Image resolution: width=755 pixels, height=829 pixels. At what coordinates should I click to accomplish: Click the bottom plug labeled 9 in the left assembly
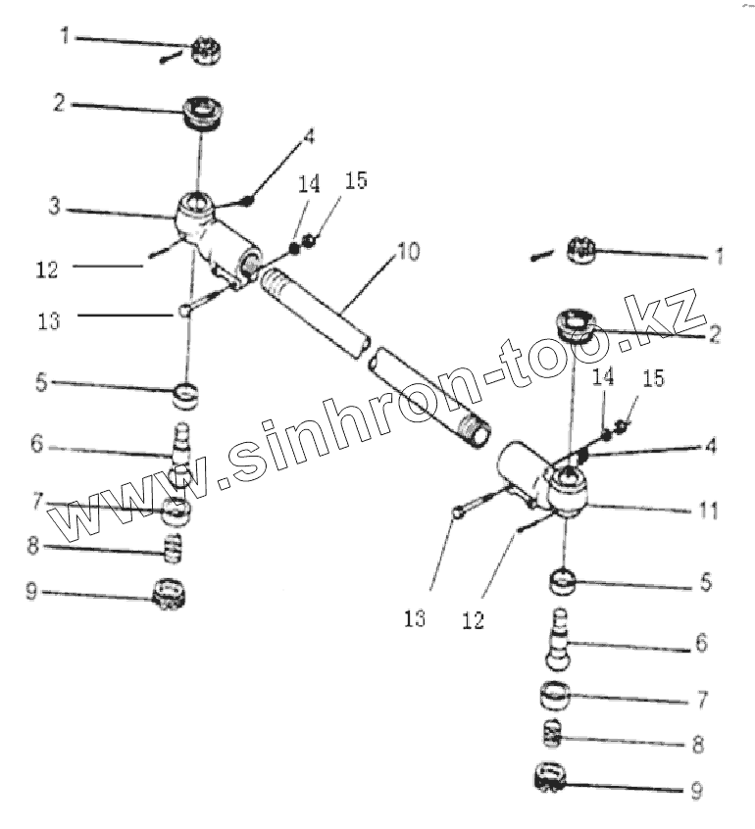click(172, 594)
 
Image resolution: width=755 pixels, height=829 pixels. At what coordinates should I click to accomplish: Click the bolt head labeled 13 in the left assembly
click(184, 312)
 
